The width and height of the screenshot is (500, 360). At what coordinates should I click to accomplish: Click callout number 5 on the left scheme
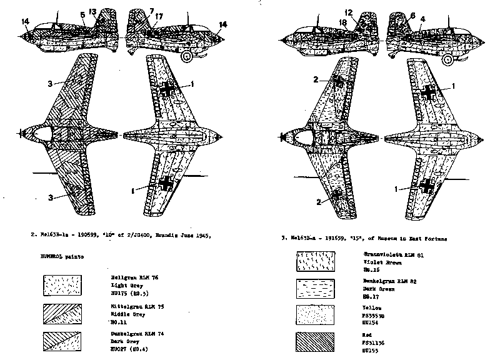click(83, 14)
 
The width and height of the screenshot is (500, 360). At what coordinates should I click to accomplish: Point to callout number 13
click(92, 11)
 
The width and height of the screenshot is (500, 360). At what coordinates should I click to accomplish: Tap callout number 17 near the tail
click(160, 17)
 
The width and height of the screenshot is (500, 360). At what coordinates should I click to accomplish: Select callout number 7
click(151, 11)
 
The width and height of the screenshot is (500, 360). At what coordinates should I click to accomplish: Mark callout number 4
click(423, 19)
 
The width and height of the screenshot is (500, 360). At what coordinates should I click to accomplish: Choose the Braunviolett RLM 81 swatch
click(316, 261)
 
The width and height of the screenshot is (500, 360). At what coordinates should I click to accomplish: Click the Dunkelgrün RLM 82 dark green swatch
click(316, 289)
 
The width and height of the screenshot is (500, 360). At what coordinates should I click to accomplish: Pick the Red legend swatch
click(316, 343)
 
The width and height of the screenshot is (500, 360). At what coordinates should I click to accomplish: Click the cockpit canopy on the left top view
click(42, 132)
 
